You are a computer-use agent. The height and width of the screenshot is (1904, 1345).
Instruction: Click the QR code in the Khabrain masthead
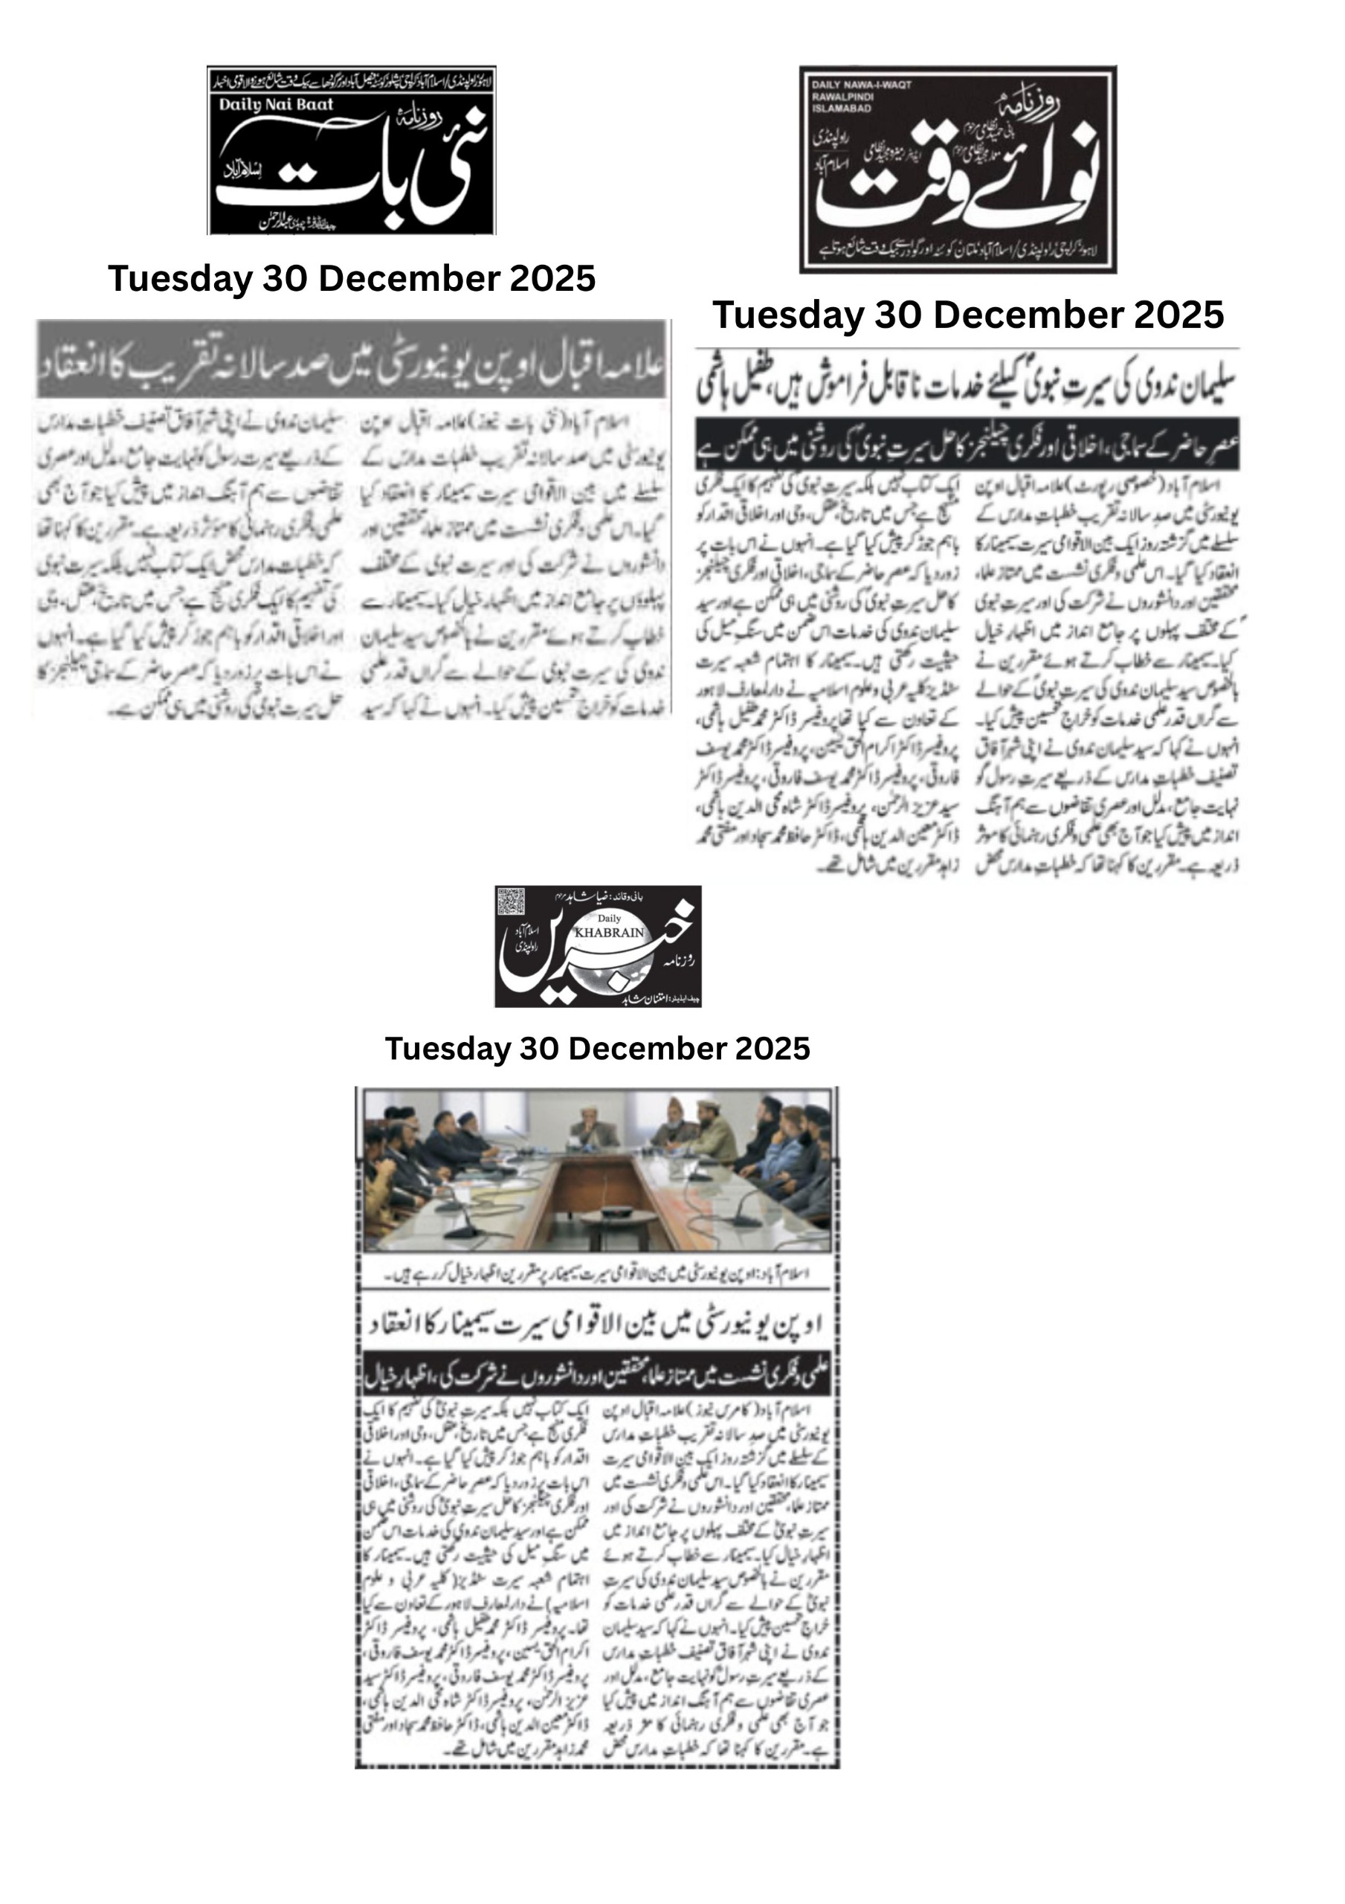coord(512,902)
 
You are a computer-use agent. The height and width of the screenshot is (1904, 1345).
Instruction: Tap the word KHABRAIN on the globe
coord(609,932)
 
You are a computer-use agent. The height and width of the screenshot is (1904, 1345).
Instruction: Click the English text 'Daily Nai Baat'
coord(276,104)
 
